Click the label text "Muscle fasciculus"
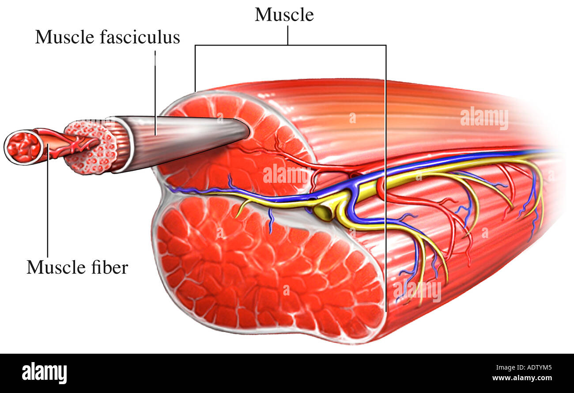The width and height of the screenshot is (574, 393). click(x=107, y=37)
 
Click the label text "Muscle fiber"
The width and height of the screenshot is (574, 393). click(x=77, y=267)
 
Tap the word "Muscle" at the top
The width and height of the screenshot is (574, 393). click(x=284, y=15)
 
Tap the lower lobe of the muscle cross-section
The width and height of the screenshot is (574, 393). click(x=265, y=269)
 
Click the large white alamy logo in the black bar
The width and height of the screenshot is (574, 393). click(x=44, y=373)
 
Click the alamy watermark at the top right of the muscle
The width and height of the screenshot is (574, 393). click(x=484, y=118)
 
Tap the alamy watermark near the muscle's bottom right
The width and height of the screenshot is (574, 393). click(x=417, y=291)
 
